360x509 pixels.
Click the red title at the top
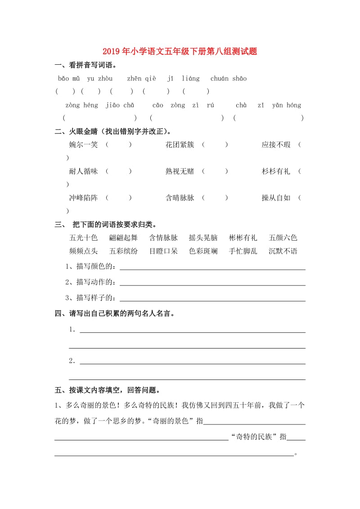coord(180,51)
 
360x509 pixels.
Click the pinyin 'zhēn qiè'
coord(141,79)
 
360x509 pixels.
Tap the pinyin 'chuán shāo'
coord(229,79)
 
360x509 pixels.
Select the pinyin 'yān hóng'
coord(287,105)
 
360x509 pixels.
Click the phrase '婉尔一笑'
coord(83,145)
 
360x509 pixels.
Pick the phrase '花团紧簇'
coord(180,145)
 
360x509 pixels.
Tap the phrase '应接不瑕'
coord(276,145)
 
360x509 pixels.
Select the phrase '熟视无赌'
coord(180,171)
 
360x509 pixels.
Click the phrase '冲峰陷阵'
coord(83,198)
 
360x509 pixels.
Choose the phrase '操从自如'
coord(276,198)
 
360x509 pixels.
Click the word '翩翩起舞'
coord(123,238)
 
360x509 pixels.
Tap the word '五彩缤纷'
coord(123,251)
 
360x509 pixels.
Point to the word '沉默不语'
coord(283,251)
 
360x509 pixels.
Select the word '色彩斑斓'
coord(203,251)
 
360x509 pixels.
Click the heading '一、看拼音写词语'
coord(85,65)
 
